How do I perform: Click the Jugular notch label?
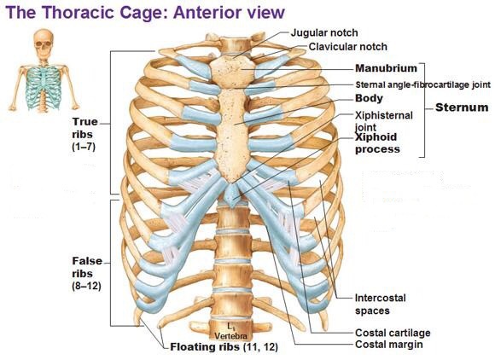coord(324,32)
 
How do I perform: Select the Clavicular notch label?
coord(348,47)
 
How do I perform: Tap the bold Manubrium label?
coord(386,68)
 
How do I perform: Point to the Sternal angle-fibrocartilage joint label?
coord(423,84)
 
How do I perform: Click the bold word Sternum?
coord(462,107)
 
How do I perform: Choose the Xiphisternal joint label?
coord(384,121)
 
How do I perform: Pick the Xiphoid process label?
coord(377,143)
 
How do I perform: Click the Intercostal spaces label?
coord(381,305)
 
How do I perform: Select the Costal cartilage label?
coord(393,333)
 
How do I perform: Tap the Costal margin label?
coord(389,345)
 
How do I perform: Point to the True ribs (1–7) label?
coord(84,134)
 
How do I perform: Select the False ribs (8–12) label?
coord(87,274)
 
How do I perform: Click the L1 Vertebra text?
coord(230,331)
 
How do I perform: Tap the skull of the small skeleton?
coord(44,43)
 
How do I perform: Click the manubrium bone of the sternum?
coord(232,70)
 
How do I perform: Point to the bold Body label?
coord(369,98)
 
